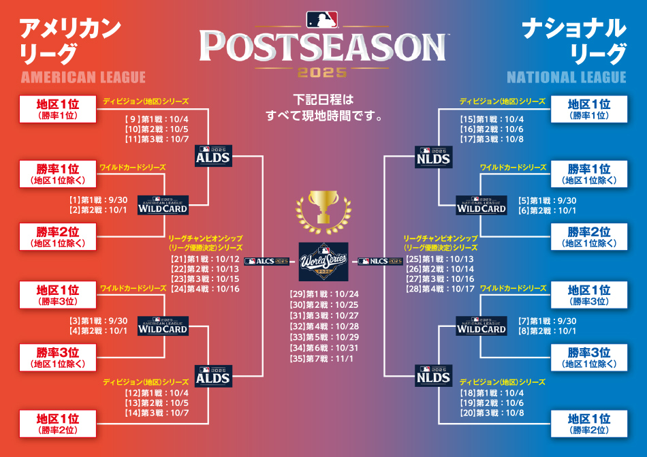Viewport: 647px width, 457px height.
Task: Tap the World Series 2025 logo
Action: click(323, 262)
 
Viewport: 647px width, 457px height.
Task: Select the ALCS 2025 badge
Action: click(266, 261)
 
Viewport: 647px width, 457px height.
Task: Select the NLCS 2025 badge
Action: click(380, 261)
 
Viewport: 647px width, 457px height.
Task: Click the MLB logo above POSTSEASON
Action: click(322, 19)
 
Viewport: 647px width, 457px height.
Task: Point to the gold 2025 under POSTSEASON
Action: click(322, 73)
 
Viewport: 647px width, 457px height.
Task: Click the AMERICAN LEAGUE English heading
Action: click(83, 77)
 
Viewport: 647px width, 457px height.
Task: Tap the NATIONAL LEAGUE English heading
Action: click(567, 77)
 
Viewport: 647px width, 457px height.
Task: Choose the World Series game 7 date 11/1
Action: click(321, 359)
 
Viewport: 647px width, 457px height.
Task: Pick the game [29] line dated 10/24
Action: click(324, 294)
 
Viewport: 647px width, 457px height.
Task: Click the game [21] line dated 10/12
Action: click(205, 259)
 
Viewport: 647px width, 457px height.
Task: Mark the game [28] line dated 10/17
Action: click(440, 289)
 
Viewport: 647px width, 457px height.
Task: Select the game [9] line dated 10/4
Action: click(157, 120)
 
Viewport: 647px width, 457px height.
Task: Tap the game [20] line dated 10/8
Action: click(492, 413)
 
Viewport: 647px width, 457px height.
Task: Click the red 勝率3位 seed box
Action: click(58, 358)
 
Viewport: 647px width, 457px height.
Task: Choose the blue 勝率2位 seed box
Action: click(589, 237)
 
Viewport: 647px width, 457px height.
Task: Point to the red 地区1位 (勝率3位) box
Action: click(58, 295)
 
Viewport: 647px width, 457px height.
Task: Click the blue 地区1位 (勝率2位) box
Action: click(589, 424)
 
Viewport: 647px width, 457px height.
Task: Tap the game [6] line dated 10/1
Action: click(547, 210)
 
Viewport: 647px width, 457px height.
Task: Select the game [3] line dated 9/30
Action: click(98, 321)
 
